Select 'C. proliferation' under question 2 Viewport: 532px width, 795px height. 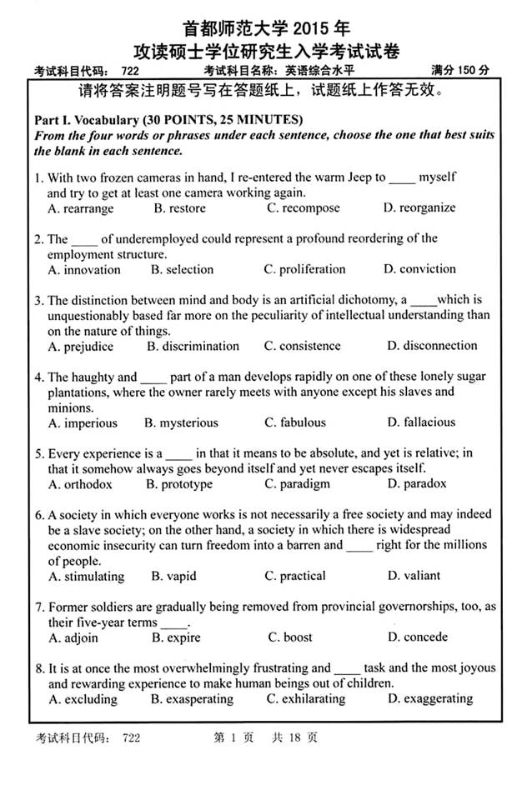click(x=304, y=269)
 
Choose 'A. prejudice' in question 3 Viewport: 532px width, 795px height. click(x=83, y=346)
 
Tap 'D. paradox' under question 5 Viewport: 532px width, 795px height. click(x=414, y=483)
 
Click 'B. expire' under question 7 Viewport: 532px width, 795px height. click(x=176, y=637)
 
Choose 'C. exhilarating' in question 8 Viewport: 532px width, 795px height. click(x=306, y=699)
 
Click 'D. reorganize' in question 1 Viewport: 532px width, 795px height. click(x=419, y=208)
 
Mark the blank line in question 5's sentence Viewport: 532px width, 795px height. click(x=179, y=455)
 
